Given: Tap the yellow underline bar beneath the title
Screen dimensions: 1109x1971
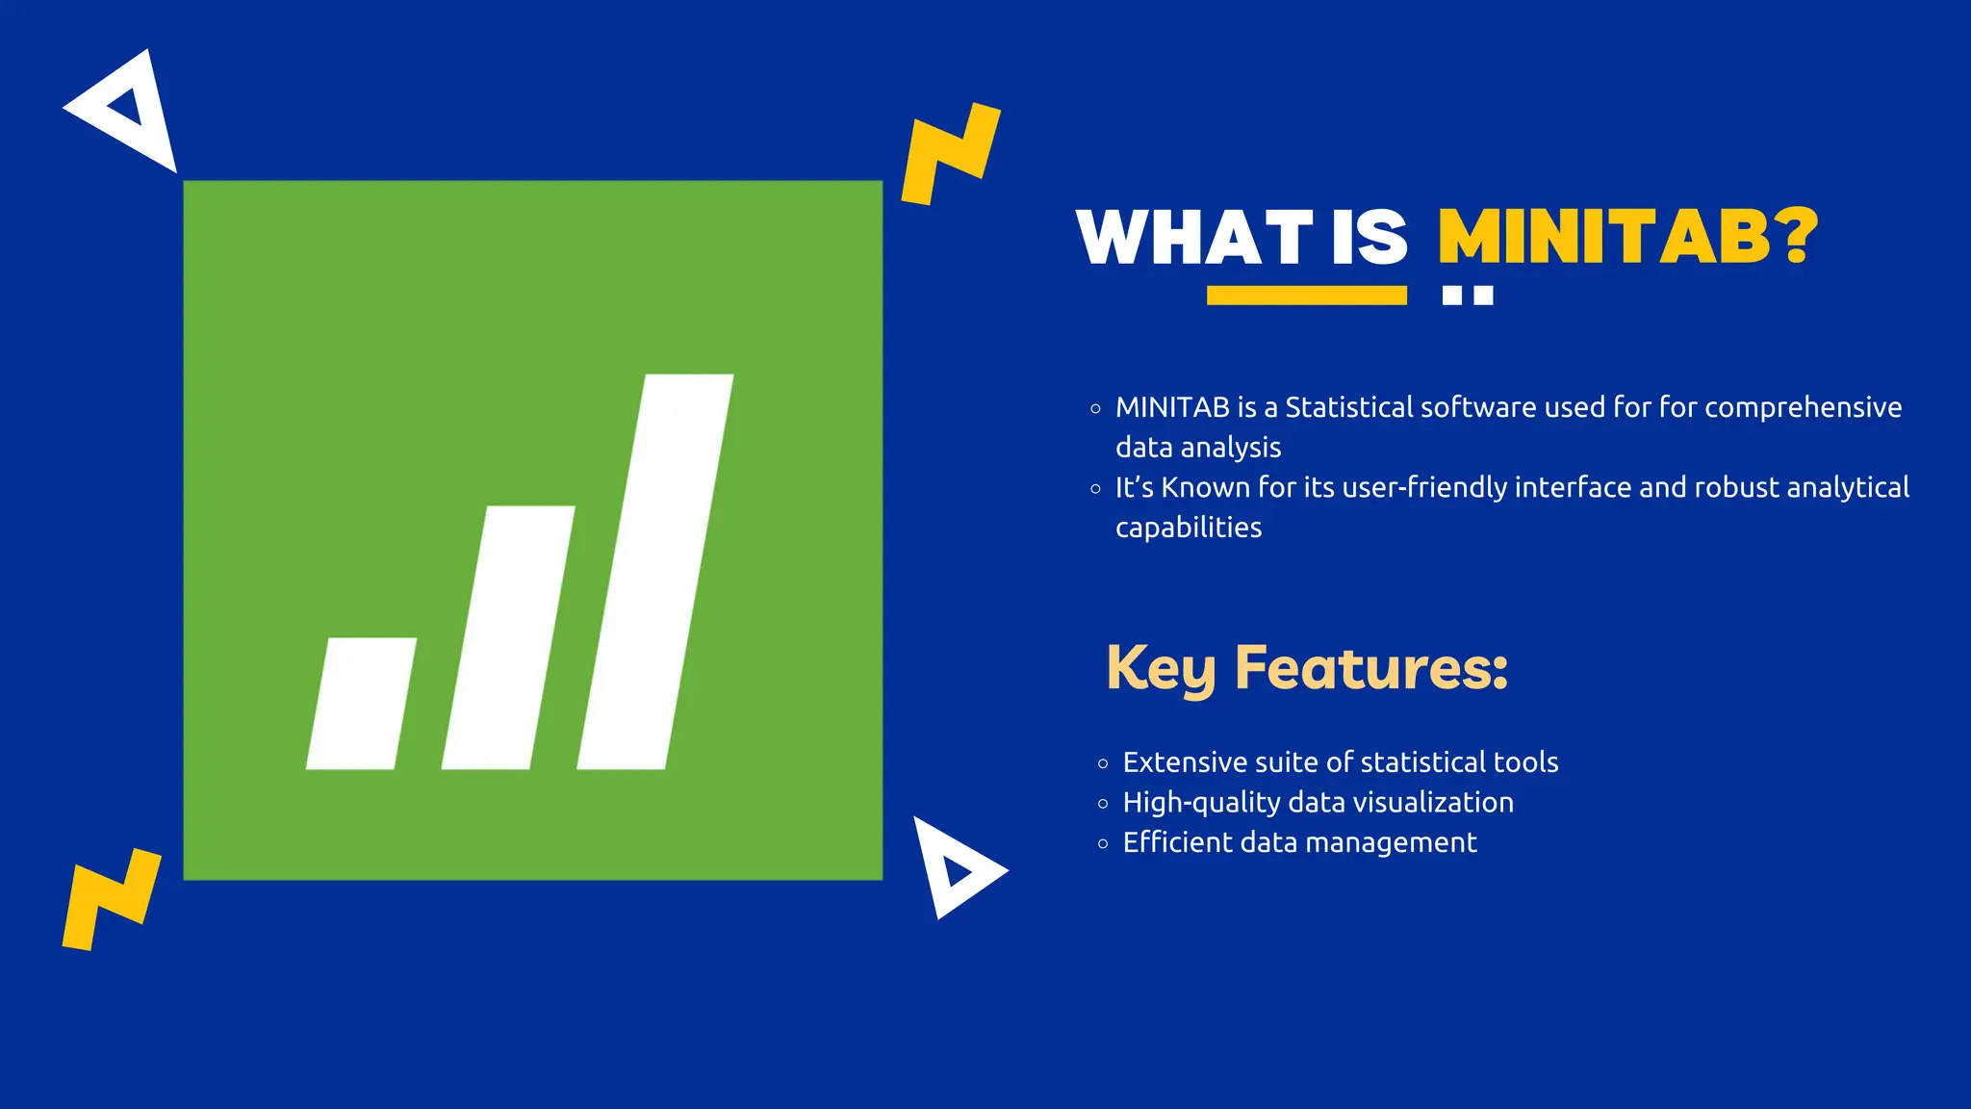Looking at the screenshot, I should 1306,296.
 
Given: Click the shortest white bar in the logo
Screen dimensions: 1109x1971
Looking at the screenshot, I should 361,704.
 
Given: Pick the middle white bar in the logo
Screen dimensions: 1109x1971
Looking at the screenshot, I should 508,637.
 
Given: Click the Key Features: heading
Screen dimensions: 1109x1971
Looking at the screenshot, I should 1306,667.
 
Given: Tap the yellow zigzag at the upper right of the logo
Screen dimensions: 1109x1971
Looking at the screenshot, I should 950,154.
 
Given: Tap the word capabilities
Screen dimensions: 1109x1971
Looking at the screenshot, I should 1188,528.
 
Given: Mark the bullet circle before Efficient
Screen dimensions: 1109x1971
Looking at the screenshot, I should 1103,844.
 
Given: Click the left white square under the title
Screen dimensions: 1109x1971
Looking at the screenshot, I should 1452,296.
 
